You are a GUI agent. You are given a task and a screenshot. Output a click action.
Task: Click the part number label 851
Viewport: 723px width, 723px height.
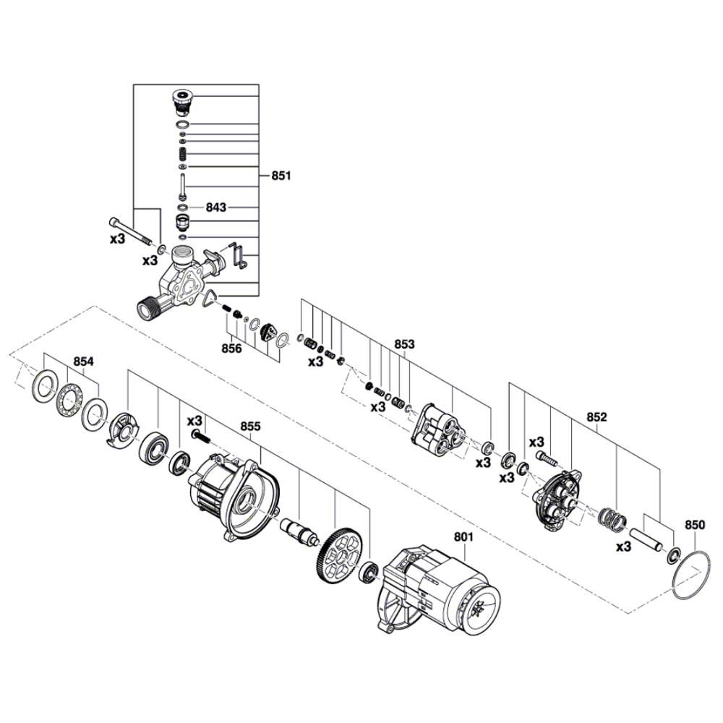pos(281,176)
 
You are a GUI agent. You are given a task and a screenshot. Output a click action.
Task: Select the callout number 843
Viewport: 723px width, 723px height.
pos(215,208)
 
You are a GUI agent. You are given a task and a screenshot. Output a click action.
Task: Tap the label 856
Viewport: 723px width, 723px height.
pos(231,348)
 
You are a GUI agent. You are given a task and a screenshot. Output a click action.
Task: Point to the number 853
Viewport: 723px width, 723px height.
pos(404,344)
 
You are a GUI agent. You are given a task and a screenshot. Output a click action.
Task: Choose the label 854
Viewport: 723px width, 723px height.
pos(83,361)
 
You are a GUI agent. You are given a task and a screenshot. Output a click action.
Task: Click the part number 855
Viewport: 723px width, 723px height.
pos(250,427)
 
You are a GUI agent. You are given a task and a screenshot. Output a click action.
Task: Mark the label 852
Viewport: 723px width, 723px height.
pos(597,417)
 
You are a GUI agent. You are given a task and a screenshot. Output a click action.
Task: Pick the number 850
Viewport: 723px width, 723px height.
pos(695,525)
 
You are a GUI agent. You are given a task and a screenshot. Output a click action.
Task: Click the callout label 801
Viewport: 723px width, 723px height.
pos(464,536)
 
